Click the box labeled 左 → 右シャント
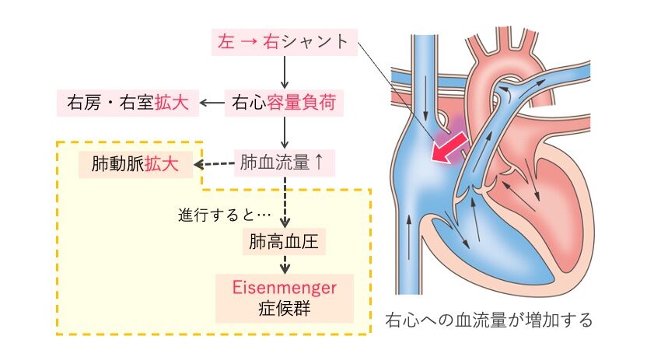pyautogui.click(x=285, y=42)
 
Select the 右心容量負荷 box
pyautogui.click(x=285, y=102)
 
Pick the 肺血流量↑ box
pyautogui.click(x=285, y=163)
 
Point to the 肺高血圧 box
pyautogui.click(x=285, y=241)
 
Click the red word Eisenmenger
pyautogui.click(x=285, y=287)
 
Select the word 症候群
pyautogui.click(x=285, y=307)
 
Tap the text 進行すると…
pyautogui.click(x=224, y=213)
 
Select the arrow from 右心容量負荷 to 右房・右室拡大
pyautogui.click(x=212, y=102)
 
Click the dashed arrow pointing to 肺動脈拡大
pyautogui.click(x=213, y=164)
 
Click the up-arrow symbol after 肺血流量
pyautogui.click(x=317, y=163)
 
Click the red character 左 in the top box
pyautogui.click(x=226, y=42)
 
